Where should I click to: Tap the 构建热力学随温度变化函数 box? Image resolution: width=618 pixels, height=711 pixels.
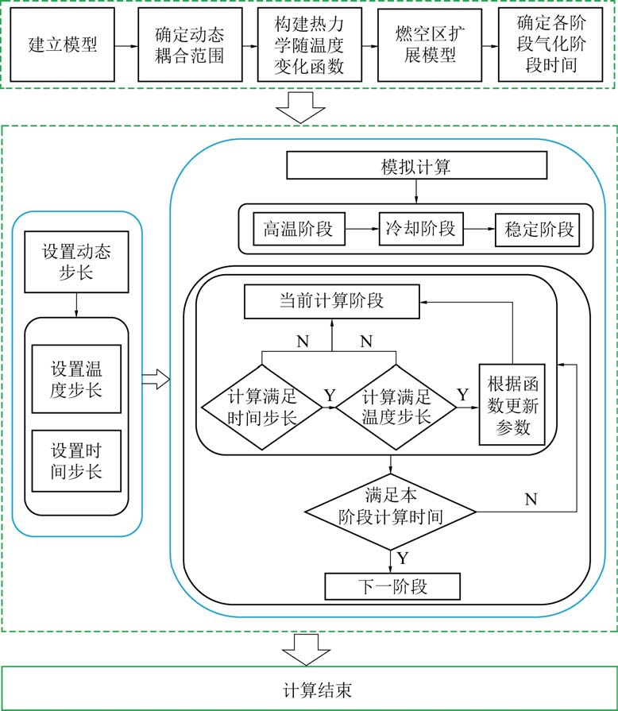pyautogui.click(x=310, y=44)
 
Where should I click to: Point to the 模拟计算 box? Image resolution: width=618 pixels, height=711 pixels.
pyautogui.click(x=417, y=166)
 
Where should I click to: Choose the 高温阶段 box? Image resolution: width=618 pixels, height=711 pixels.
pyautogui.click(x=298, y=229)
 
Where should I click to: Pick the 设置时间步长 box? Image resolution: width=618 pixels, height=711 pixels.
pyautogui.click(x=76, y=462)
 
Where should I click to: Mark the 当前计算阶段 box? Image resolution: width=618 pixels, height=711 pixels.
pyautogui.click(x=331, y=301)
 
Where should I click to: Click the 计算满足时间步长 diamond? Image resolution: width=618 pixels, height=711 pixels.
pyautogui.click(x=261, y=407)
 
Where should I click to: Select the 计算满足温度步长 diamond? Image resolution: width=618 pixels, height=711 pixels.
pyautogui.click(x=396, y=407)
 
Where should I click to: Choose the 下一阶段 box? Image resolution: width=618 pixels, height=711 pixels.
pyautogui.click(x=392, y=587)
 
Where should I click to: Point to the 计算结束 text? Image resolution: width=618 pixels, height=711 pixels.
pyautogui.click(x=309, y=688)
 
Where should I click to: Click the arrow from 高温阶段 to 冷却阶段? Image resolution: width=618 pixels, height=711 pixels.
pyautogui.click(x=361, y=229)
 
